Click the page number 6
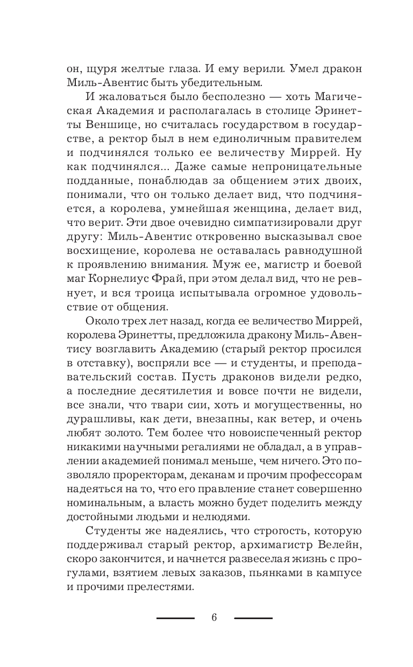(213, 617)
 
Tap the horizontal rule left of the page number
(175, 618)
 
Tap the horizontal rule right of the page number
(253, 618)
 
